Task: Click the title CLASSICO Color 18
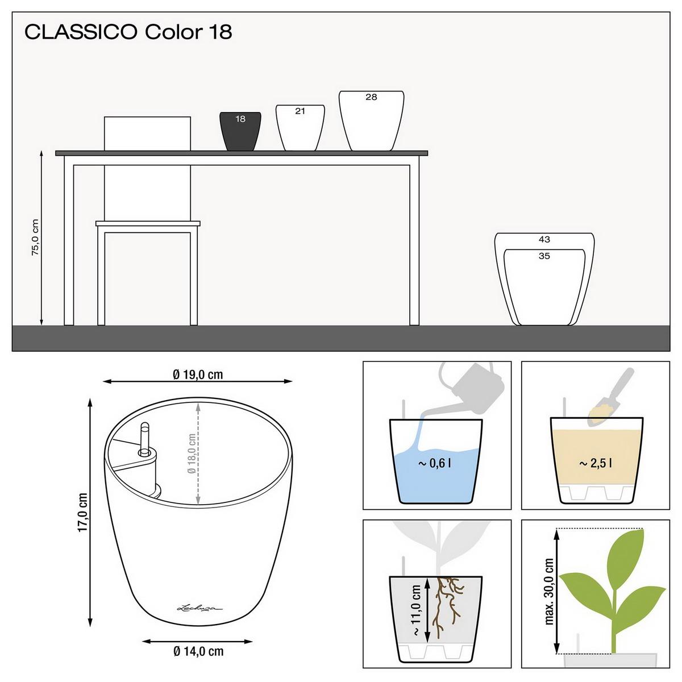coord(128,32)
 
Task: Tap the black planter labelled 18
coord(240,132)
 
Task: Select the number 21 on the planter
coord(300,111)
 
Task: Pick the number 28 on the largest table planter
coord(371,97)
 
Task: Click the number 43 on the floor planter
coord(544,240)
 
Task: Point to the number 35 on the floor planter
coord(544,256)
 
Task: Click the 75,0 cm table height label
coord(35,238)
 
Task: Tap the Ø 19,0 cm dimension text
coord(198,375)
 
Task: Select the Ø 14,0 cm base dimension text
coord(198,651)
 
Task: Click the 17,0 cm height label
coord(84,511)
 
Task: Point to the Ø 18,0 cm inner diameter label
coord(192,454)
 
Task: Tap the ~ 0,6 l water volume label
coord(435,464)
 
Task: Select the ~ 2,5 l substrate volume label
coord(596,464)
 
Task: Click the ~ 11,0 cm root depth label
coord(417,611)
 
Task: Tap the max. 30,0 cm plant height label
coord(549,591)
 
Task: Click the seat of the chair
coord(148,223)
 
